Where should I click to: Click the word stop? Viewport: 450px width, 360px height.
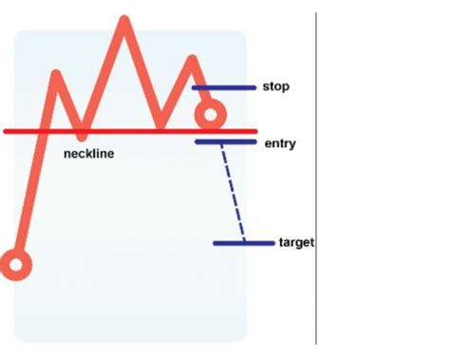275,86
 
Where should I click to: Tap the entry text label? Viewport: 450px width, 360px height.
280,143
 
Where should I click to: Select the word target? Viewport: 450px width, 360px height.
296,243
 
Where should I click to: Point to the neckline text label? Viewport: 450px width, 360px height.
88,153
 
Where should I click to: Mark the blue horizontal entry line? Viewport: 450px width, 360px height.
225,142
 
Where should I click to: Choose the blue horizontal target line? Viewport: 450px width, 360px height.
243,243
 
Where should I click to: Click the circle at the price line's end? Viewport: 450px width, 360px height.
209,117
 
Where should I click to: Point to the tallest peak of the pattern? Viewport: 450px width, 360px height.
123,20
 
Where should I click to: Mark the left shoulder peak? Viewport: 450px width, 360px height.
59,75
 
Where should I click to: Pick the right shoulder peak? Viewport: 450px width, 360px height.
194,61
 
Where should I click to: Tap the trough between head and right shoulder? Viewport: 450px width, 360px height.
161,123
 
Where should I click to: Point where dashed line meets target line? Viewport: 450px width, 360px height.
243,242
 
